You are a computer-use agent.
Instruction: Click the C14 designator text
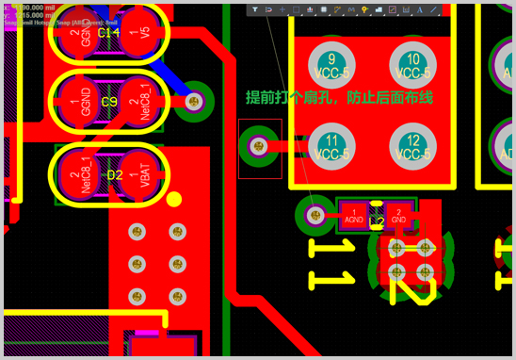[x=109, y=33]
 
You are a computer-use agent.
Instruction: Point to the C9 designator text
[x=109, y=102]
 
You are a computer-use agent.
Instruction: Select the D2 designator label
[x=113, y=174]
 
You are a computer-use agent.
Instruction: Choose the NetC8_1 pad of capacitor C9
[x=141, y=102]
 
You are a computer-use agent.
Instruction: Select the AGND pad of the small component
[x=353, y=216]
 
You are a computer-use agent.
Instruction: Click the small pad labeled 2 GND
[x=399, y=216]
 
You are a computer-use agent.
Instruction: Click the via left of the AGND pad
[x=317, y=215]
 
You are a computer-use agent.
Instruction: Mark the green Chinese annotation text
[x=338, y=98]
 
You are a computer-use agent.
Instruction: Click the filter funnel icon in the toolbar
[x=255, y=9]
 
